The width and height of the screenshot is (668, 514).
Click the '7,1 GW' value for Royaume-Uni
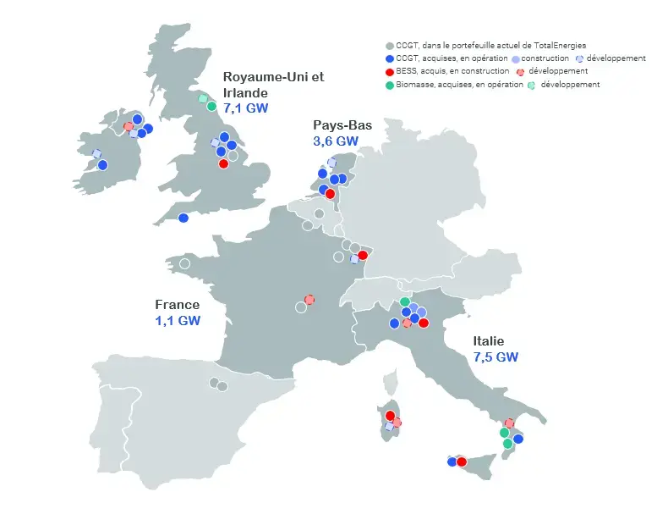click(x=244, y=108)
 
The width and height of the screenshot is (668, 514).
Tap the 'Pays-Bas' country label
click(x=342, y=125)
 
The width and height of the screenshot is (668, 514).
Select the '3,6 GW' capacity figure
click(x=336, y=141)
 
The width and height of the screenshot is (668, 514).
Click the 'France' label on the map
click(x=178, y=305)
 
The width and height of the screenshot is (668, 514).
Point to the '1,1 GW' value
click(x=178, y=321)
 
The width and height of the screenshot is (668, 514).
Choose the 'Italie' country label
click(x=490, y=340)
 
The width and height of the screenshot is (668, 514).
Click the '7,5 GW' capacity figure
click(x=496, y=356)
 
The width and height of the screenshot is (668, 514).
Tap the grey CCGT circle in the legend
click(x=389, y=46)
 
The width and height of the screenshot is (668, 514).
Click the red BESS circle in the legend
click(x=389, y=72)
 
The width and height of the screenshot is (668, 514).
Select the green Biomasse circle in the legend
click(x=389, y=85)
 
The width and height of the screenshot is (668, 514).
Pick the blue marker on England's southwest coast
click(x=183, y=218)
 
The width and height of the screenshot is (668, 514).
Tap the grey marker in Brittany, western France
click(x=185, y=264)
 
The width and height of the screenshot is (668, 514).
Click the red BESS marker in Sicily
click(x=462, y=461)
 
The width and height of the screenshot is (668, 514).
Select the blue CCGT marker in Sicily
click(x=452, y=461)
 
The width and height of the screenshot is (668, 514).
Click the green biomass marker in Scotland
click(x=211, y=107)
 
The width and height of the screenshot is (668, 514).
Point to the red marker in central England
click(x=224, y=164)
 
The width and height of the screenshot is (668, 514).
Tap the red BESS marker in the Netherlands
click(x=330, y=194)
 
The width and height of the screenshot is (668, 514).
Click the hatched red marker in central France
click(x=309, y=300)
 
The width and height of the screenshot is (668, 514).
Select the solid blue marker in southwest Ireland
click(x=102, y=165)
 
